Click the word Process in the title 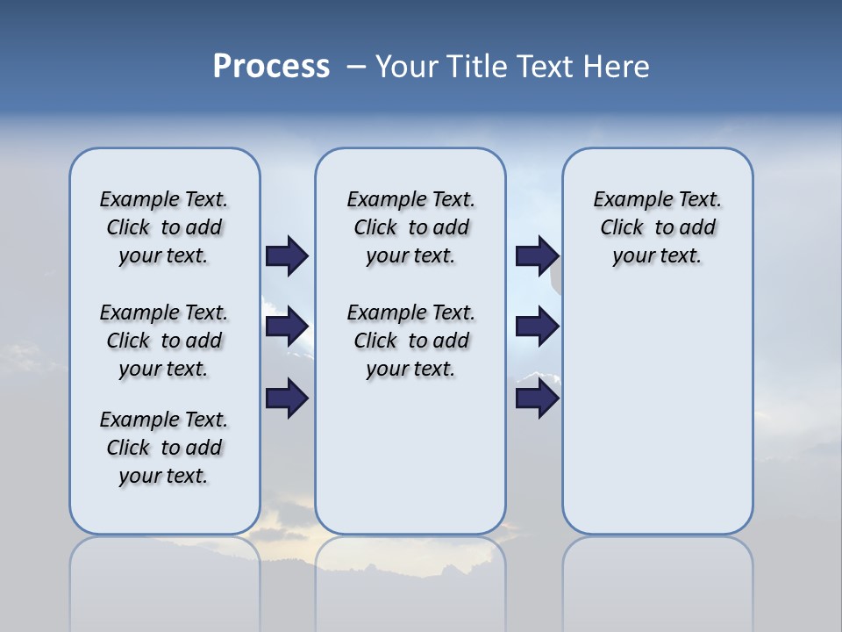coord(271,67)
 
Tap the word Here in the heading coord(617,67)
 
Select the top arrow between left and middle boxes coord(287,255)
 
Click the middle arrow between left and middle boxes coord(287,327)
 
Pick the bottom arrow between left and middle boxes coord(287,399)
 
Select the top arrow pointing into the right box coord(537,255)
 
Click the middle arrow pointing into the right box coord(537,327)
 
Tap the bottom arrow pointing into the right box coord(537,399)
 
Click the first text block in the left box coord(164,227)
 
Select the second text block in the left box coord(164,341)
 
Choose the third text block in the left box coord(164,448)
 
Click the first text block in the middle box coord(410,227)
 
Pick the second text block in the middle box coord(410,341)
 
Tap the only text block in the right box coord(657,227)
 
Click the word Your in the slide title coord(408,67)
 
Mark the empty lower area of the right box coord(657,413)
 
